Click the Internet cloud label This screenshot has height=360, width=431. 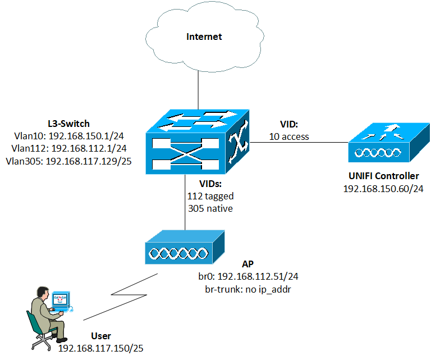(x=204, y=37)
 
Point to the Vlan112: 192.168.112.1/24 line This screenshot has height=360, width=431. (x=67, y=148)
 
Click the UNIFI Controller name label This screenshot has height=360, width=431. (x=383, y=176)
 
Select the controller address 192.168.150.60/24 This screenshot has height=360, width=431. (x=383, y=189)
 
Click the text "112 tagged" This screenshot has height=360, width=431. (x=210, y=196)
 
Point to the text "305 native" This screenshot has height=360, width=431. (x=210, y=208)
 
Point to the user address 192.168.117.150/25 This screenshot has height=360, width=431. (x=100, y=348)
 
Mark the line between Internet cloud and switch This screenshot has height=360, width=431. (x=198, y=85)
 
